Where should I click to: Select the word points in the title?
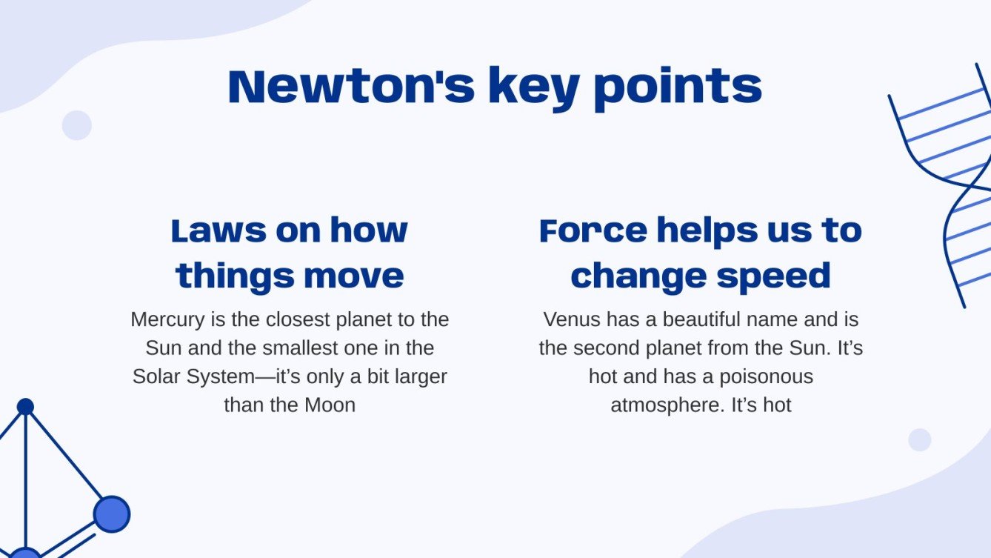coord(678,87)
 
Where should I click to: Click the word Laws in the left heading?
coord(218,230)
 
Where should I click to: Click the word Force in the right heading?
coord(593,230)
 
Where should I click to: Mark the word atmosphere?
coord(667,405)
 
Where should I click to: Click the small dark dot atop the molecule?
coord(25,406)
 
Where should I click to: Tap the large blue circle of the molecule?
coord(112,514)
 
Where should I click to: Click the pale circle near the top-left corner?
coord(76,125)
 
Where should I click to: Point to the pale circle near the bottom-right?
coord(919,439)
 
